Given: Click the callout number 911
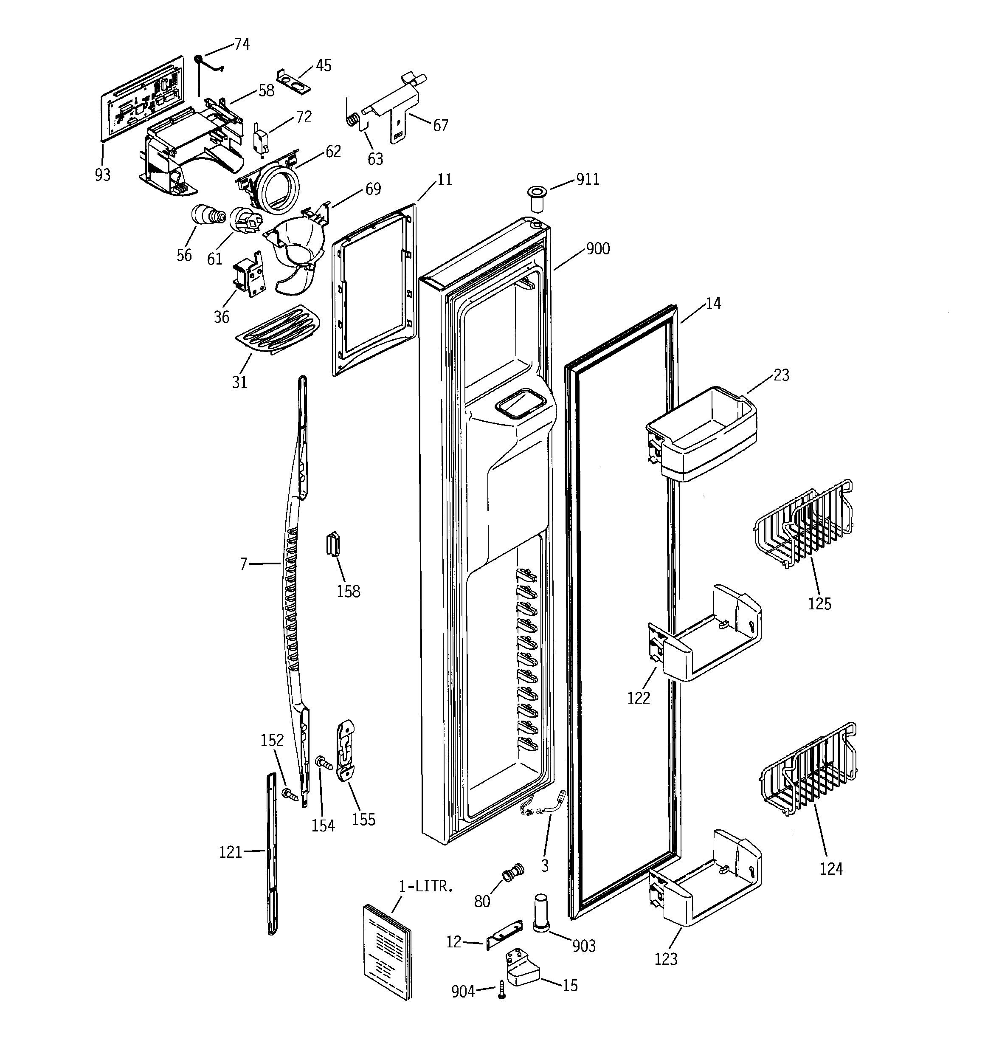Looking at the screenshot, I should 588,180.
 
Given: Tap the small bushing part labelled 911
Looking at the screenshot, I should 538,199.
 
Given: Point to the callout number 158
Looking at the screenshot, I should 349,591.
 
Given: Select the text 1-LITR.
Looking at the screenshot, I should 425,886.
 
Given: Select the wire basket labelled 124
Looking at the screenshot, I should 809,772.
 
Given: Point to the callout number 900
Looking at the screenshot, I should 597,248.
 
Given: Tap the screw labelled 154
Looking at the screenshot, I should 323,762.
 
